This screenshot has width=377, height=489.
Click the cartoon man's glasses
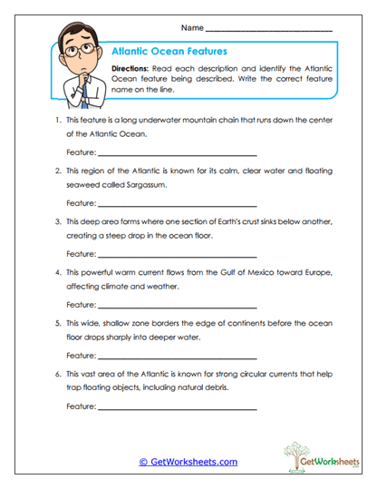72,49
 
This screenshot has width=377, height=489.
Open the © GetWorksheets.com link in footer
188,462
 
